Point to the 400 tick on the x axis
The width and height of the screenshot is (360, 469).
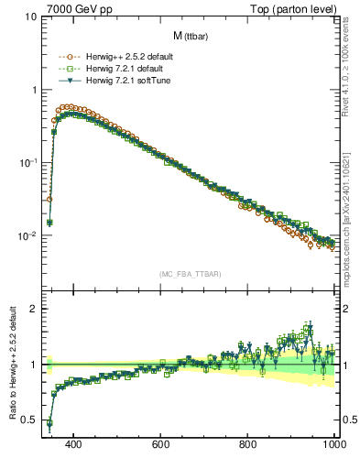pos(74,444)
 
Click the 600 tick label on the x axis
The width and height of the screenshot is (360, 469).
pos(161,444)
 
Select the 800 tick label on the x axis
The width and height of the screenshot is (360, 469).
pos(248,444)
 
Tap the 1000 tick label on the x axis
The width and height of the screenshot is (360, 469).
pos(333,444)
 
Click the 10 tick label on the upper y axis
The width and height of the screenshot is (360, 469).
pos(30,17)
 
